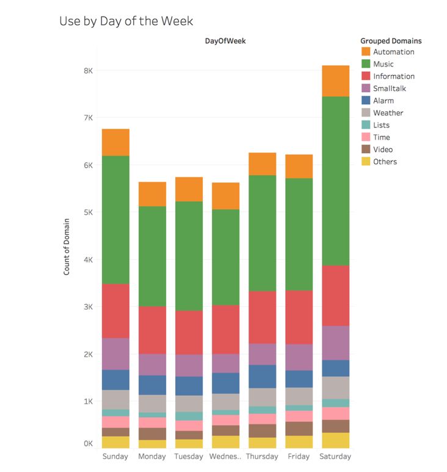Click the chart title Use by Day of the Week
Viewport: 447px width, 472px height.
click(126, 21)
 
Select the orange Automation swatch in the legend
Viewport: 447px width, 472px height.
click(366, 52)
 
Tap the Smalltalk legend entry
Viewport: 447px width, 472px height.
click(389, 88)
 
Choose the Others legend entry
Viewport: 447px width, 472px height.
click(385, 162)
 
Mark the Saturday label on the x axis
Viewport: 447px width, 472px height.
click(335, 456)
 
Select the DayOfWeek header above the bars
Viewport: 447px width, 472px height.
click(225, 41)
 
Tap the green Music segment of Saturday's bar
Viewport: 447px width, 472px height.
click(335, 181)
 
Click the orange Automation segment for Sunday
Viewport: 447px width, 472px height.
click(115, 142)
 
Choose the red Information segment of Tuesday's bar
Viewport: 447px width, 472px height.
click(189, 332)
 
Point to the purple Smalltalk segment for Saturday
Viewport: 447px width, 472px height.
click(335, 343)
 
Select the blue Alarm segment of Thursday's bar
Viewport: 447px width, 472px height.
click(262, 376)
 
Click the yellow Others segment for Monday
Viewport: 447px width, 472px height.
click(152, 445)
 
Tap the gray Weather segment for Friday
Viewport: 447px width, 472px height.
click(299, 396)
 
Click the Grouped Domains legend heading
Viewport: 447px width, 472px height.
click(391, 41)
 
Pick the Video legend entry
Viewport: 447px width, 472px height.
click(383, 149)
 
